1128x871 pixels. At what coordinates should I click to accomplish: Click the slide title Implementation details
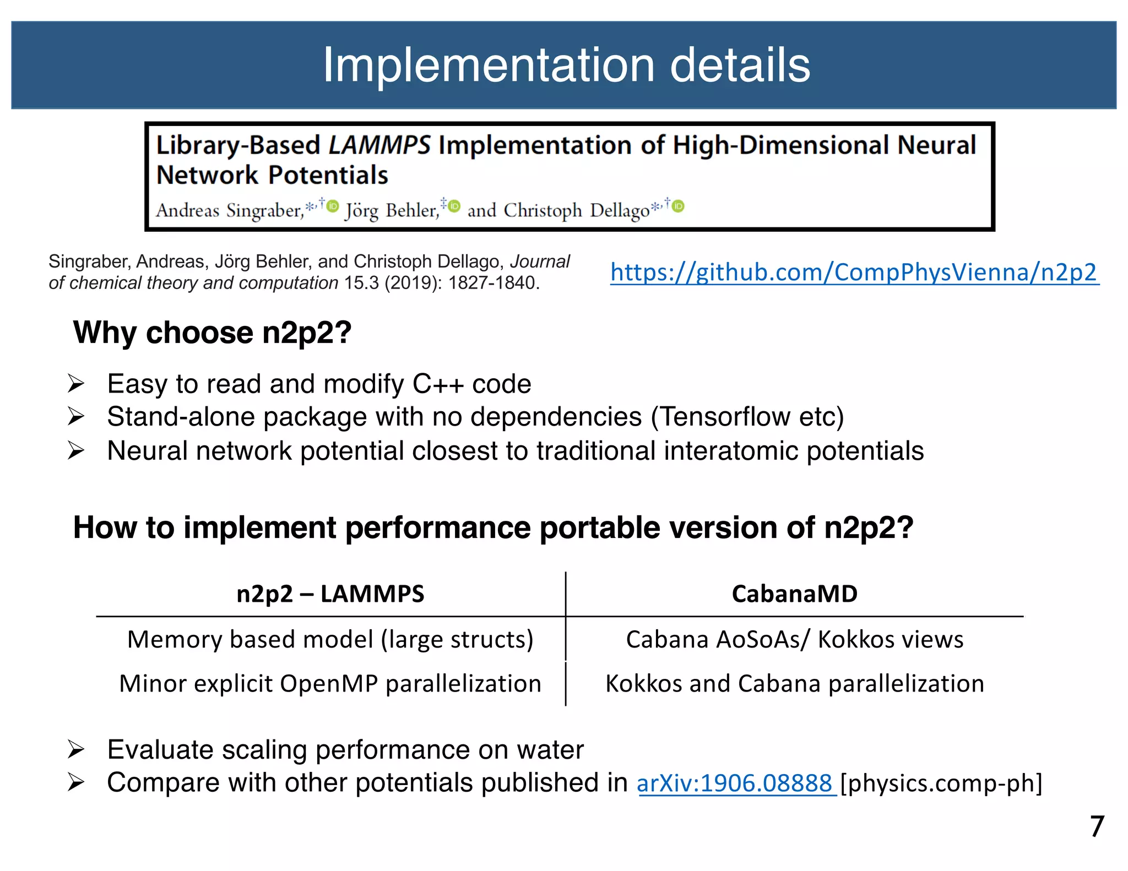coord(566,65)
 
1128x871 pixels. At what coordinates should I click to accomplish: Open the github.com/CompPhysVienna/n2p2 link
coord(854,272)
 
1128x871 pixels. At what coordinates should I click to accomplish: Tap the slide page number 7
coord(1097,826)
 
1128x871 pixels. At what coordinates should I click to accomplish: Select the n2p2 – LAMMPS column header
coord(330,594)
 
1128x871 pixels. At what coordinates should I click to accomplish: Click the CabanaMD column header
coord(794,594)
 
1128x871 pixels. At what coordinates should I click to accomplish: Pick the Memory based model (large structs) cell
coord(330,639)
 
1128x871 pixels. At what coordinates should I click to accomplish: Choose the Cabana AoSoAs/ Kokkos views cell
coord(794,639)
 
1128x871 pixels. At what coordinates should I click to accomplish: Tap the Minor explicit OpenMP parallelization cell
coord(330,684)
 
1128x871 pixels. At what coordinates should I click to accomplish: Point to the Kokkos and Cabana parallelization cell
coord(794,684)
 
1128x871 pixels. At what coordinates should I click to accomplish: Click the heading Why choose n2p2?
coord(212,333)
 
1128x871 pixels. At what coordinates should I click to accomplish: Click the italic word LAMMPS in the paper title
coord(379,145)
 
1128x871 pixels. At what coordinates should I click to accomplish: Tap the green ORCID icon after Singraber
coord(333,206)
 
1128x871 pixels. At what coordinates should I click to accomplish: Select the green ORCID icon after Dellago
coord(679,206)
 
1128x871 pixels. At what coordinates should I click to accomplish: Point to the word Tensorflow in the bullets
coord(725,417)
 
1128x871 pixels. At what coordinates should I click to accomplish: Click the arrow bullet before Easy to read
coord(76,383)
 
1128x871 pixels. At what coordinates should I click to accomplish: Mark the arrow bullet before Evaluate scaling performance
coord(76,749)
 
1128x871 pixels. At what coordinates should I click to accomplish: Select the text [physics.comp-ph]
coord(941,783)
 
